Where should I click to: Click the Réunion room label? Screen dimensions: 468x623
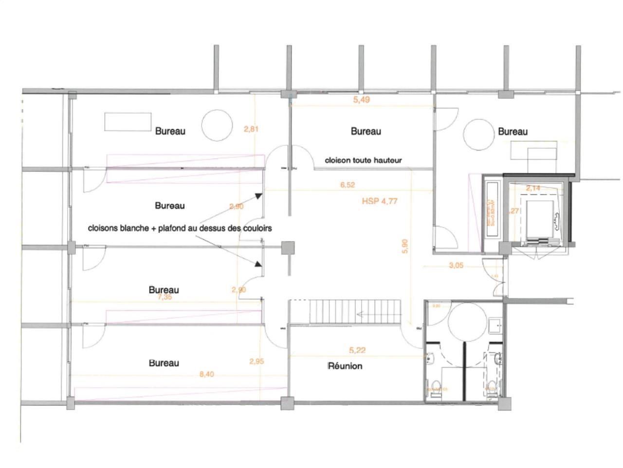pos(345,366)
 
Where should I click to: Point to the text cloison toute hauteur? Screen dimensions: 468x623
pos(363,160)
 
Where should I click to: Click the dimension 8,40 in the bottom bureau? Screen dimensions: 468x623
pos(207,374)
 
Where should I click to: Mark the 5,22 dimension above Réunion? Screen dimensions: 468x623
pos(357,350)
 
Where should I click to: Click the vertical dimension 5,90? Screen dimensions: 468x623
pos(405,246)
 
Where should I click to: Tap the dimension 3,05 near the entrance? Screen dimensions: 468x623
pos(456,266)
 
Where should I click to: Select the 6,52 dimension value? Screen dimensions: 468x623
pos(348,185)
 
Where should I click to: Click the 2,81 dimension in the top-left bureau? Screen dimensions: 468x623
pos(251,129)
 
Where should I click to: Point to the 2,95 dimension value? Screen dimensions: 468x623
pos(257,361)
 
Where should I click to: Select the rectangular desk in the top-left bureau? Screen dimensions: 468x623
pos(128,122)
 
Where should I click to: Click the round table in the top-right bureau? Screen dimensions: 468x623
pos(478,135)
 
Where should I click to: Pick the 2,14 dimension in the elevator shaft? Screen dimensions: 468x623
pos(533,188)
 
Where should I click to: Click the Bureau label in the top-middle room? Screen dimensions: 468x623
pos(366,131)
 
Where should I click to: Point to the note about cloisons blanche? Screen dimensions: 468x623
pos(180,228)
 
